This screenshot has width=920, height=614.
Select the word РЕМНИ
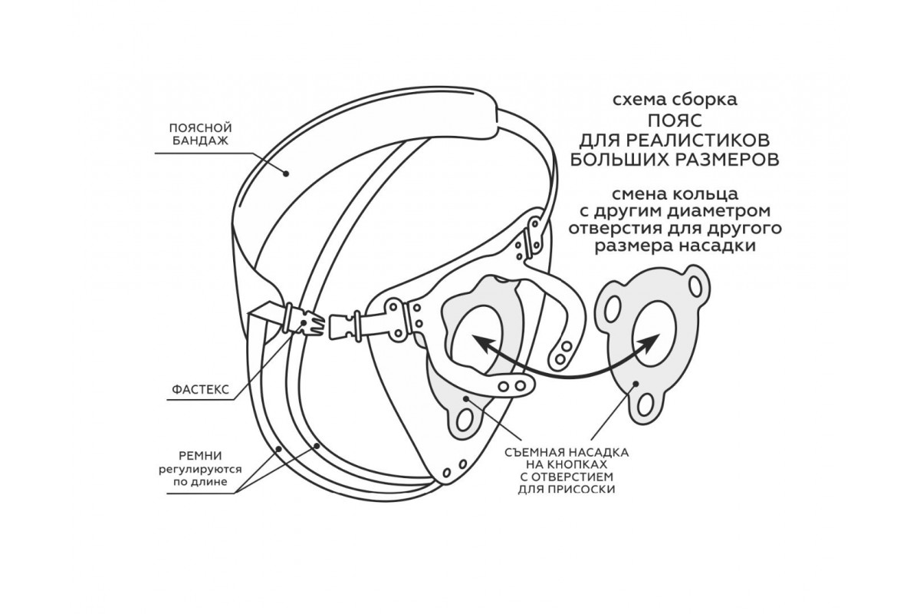(200, 454)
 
